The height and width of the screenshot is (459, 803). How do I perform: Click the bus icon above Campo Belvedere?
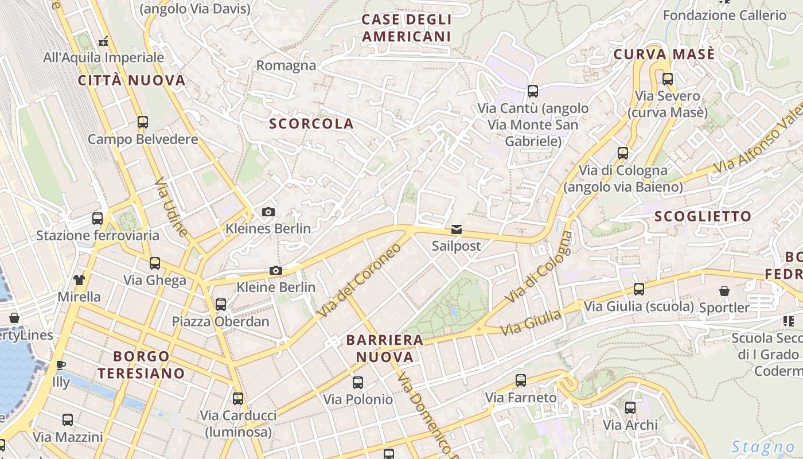pos(142,122)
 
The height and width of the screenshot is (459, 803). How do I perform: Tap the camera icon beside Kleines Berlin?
pos(268,212)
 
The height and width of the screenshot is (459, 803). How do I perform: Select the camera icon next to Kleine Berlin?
pos(276,271)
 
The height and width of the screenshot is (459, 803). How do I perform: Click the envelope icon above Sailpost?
pos(456,230)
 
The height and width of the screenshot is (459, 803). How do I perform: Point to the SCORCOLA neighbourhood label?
pos(311,124)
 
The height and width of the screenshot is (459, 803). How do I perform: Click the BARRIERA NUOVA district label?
pos(385,348)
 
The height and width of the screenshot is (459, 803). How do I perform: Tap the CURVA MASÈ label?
pos(664,55)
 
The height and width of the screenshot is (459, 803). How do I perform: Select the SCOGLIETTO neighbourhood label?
pos(703,216)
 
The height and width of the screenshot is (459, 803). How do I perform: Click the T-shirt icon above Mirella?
pos(79,280)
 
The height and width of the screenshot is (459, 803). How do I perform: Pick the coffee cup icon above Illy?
pos(61,365)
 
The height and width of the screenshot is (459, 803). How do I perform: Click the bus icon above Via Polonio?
pos(358,382)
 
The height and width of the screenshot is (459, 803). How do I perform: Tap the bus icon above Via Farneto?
pos(521,380)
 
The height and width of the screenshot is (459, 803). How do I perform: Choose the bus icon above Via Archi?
pos(630,408)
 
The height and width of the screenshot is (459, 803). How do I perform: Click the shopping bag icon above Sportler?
pos(724,291)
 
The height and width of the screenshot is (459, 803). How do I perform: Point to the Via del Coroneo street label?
pos(360,281)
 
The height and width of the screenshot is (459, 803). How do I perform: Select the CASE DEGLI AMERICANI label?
pos(407,28)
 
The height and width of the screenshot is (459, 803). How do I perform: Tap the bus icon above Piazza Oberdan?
pos(221,305)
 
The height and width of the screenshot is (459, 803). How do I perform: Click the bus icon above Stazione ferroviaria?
pos(98,219)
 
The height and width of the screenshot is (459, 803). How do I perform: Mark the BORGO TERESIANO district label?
pos(141,365)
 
